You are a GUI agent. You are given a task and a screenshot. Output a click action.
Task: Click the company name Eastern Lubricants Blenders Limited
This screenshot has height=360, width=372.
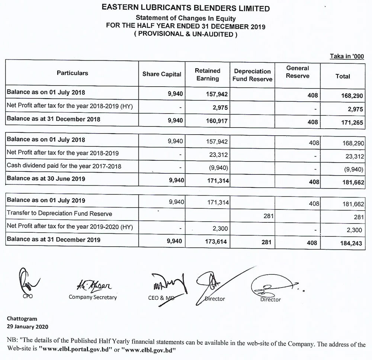(186, 8)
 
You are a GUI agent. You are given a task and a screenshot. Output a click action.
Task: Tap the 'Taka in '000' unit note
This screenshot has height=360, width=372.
(346, 56)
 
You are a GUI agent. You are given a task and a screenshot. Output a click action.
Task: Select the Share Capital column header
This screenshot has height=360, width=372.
(162, 74)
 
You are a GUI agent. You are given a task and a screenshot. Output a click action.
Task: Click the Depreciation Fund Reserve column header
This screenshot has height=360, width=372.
(253, 75)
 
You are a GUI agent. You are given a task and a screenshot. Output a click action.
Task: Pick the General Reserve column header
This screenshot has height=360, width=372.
(298, 72)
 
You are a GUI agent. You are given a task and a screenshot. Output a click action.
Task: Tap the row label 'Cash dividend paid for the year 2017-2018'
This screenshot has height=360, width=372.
(64, 166)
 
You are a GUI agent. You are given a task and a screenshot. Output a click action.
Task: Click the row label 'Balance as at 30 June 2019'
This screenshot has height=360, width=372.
(46, 179)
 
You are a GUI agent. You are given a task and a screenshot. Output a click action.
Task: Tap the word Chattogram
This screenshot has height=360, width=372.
(22, 319)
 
